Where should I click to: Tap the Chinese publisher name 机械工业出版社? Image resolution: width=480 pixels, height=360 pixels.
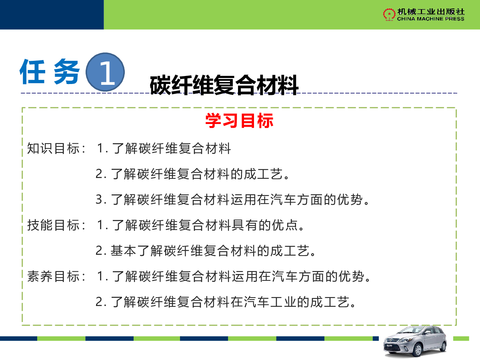point(431,12)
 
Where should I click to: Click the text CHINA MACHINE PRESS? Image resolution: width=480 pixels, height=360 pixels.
point(430,19)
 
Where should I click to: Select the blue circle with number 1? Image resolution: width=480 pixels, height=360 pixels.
point(105,72)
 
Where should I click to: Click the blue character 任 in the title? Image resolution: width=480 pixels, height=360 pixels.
point(32,72)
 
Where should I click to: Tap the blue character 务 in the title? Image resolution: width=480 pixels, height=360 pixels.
point(66,72)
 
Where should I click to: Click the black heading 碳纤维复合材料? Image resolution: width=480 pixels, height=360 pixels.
point(224,85)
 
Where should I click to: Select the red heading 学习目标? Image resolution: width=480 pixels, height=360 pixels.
point(239,121)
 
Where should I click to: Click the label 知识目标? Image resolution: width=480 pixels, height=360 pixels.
point(53,148)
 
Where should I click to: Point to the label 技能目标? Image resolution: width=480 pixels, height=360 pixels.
point(53,225)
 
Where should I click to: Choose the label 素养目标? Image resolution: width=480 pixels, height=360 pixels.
point(53,276)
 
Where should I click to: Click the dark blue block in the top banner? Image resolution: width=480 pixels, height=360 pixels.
point(52,15)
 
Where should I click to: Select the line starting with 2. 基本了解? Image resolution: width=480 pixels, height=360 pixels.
point(205,251)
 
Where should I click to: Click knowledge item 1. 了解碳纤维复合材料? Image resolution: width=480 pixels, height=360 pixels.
point(164,148)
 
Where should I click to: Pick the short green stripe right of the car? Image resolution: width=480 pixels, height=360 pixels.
point(461,338)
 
